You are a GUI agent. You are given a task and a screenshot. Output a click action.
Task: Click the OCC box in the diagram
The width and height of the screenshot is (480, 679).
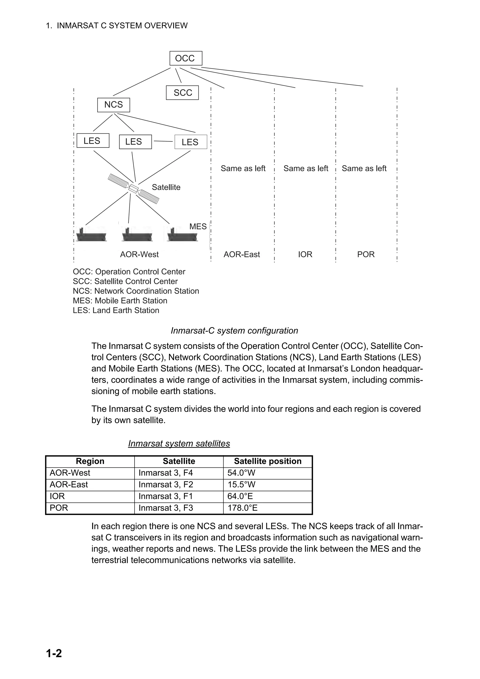[185, 58]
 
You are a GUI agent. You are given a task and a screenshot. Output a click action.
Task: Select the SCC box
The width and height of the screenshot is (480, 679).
[182, 93]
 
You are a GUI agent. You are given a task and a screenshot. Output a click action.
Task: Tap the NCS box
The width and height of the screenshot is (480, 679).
[114, 105]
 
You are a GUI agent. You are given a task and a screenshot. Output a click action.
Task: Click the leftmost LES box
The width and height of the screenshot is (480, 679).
[93, 141]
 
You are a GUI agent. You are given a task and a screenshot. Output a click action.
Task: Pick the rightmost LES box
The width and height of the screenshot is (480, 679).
[191, 142]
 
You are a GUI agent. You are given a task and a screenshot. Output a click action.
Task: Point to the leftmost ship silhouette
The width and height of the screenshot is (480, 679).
[91, 235]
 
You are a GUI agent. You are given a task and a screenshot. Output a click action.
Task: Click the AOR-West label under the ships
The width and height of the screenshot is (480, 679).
[139, 254]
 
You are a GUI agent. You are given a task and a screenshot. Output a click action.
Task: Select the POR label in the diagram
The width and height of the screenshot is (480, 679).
[366, 254]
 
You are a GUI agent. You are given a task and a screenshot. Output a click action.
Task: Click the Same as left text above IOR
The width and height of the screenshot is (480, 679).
[306, 168]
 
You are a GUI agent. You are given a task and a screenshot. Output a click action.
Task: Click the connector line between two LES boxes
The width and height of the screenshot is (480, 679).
[163, 141]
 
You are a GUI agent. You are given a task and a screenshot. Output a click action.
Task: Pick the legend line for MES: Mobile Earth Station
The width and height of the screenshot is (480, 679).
[120, 301]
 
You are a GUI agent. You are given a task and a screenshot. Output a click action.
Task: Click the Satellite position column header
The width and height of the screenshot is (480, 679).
[268, 461]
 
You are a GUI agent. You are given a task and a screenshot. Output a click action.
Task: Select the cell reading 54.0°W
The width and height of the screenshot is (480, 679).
[241, 473]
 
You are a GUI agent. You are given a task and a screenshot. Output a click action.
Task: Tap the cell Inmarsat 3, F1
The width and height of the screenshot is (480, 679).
[166, 496]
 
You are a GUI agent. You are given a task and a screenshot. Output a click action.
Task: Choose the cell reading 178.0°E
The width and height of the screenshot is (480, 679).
[243, 508]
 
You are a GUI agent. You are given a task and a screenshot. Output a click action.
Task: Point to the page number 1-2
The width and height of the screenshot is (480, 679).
[54, 653]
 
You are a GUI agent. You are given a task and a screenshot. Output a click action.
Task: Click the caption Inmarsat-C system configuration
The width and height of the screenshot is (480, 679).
[234, 331]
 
